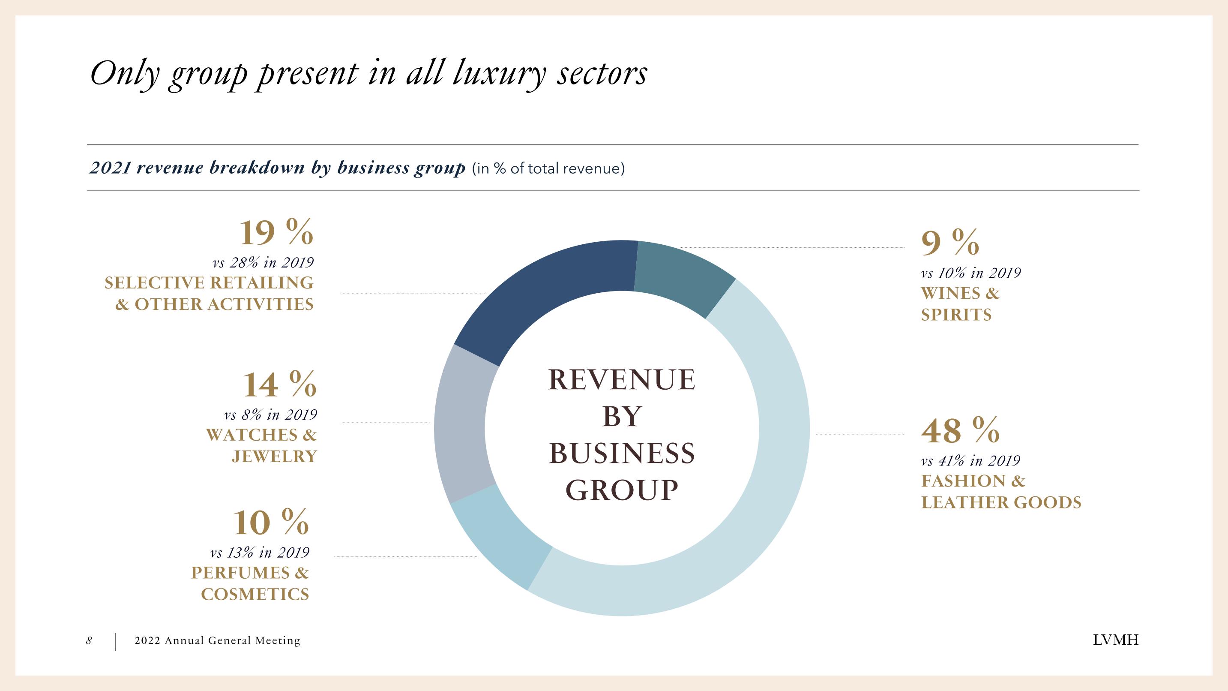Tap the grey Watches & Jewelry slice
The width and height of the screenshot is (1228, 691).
pyautogui.click(x=462, y=424)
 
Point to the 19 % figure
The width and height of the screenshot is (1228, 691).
pyautogui.click(x=276, y=233)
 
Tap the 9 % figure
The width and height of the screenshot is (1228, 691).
pyautogui.click(x=950, y=243)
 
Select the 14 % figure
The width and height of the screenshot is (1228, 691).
pyautogui.click(x=279, y=385)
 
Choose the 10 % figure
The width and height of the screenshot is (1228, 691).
pyautogui.click(x=271, y=523)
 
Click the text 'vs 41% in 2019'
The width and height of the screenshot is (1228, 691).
pyautogui.click(x=970, y=461)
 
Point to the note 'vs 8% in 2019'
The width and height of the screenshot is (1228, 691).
pyautogui.click(x=270, y=415)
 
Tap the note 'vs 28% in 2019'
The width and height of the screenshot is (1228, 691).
pyautogui.click(x=263, y=262)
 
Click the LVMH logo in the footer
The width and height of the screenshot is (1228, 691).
pyautogui.click(x=1115, y=640)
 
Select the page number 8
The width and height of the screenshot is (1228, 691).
pyautogui.click(x=89, y=640)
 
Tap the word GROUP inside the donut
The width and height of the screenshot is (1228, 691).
pyautogui.click(x=622, y=490)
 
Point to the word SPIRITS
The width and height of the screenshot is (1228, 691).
pyautogui.click(x=956, y=315)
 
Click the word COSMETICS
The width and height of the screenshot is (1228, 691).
pyautogui.click(x=255, y=594)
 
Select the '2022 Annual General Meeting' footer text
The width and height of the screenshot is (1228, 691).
pyautogui.click(x=217, y=640)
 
